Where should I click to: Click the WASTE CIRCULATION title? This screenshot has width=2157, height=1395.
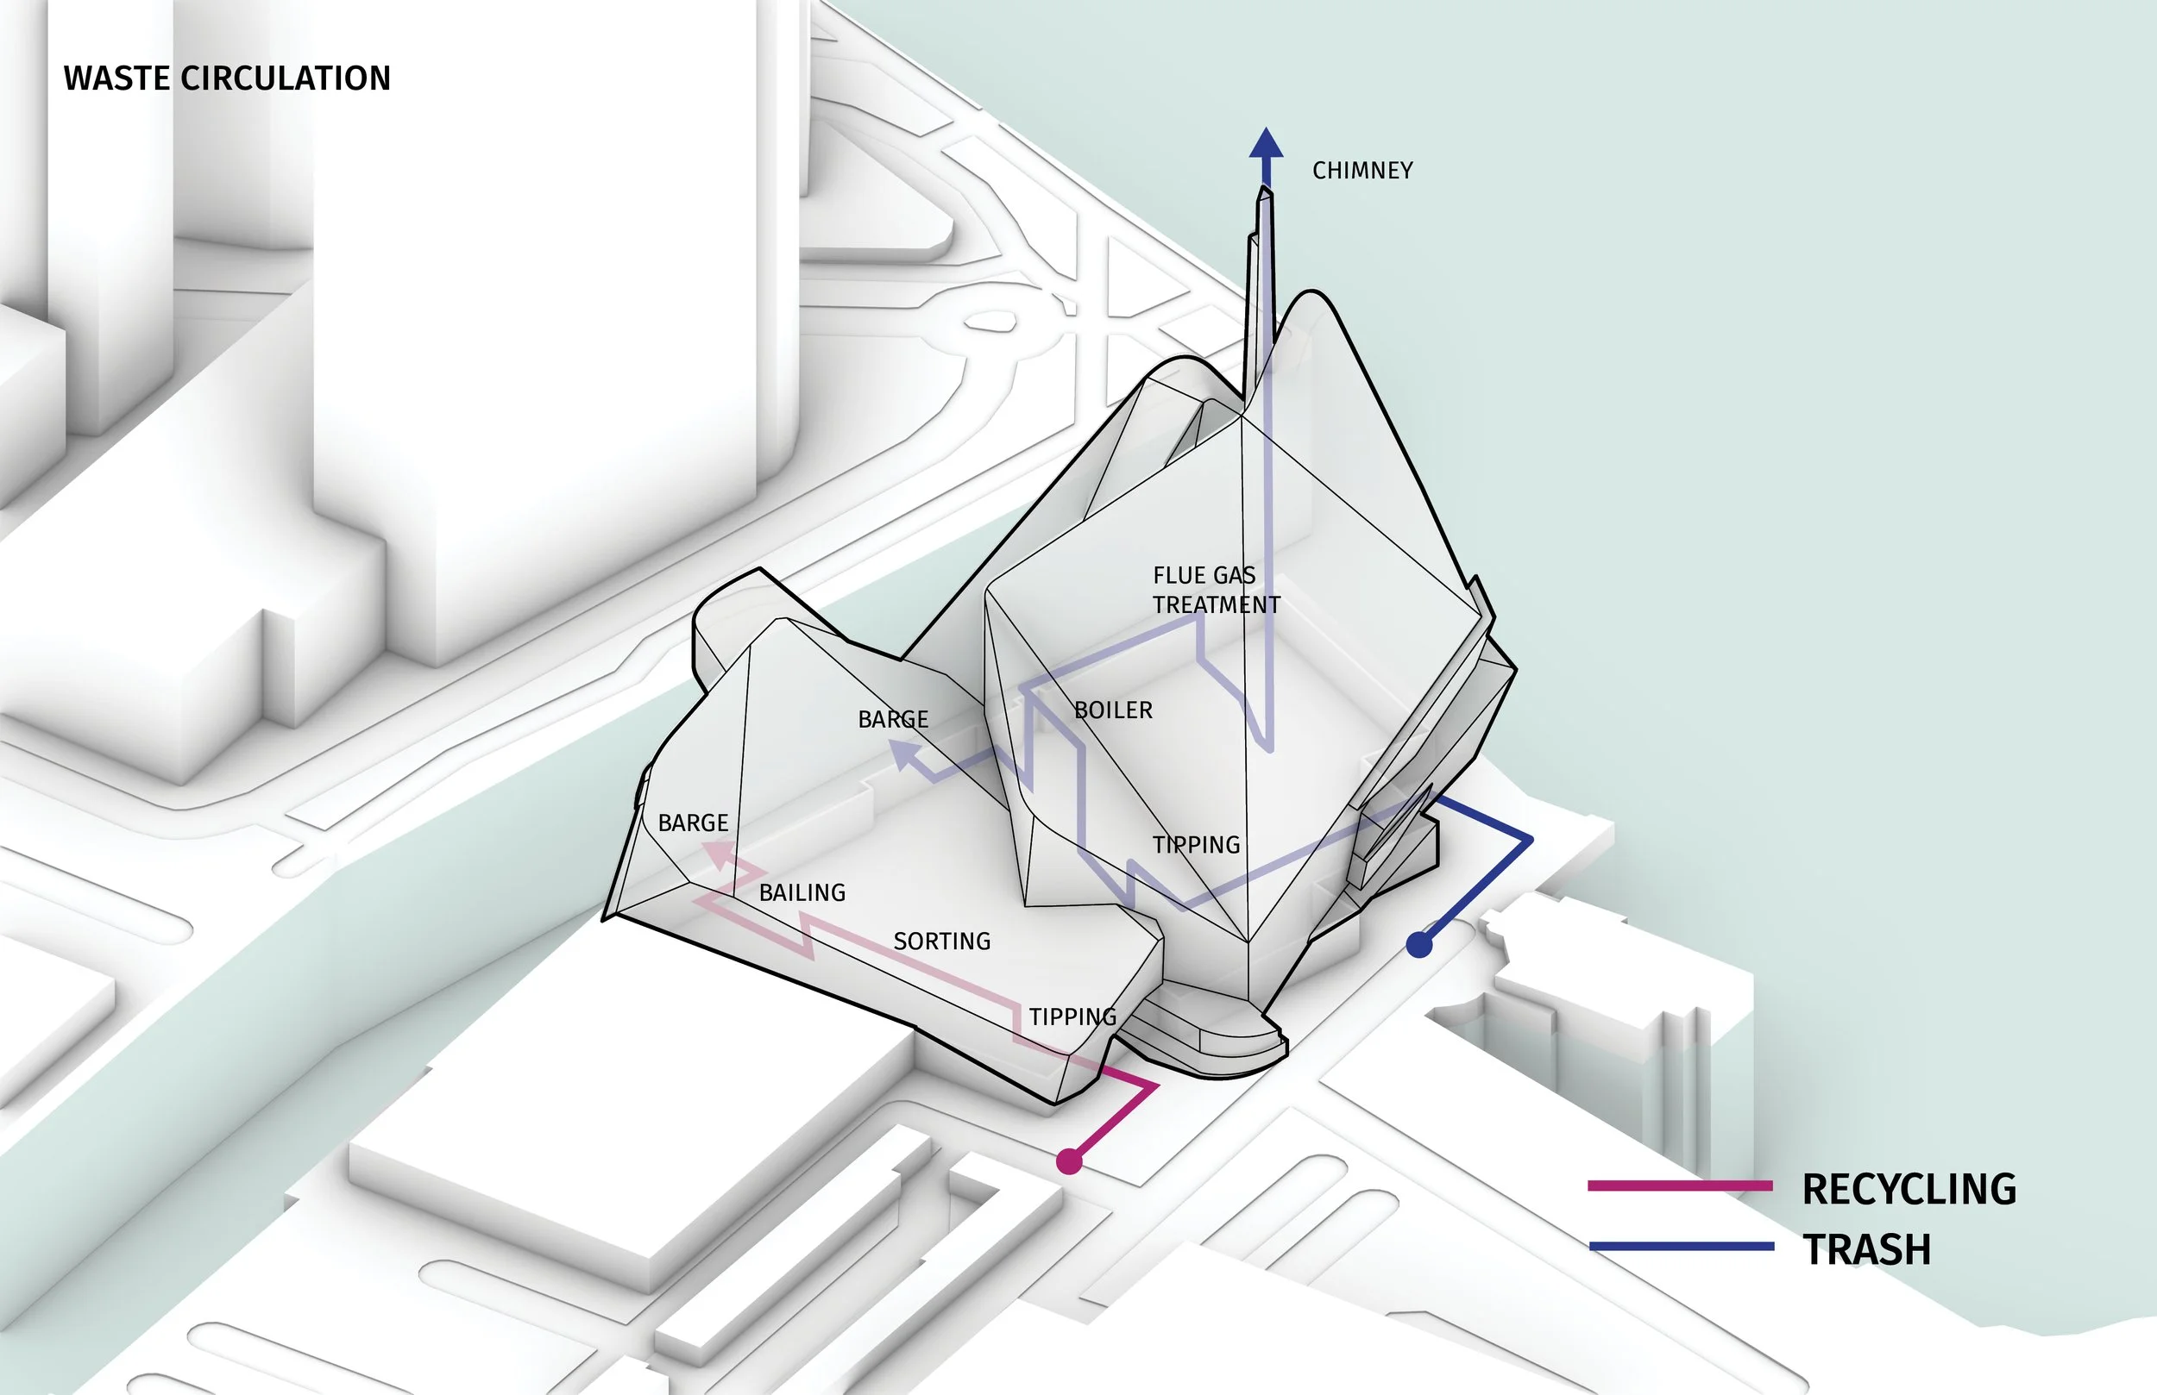227,78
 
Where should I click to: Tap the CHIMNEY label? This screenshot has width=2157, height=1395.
1362,171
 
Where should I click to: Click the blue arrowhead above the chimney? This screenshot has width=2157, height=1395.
1266,146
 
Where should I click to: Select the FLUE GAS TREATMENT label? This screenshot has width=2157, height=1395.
1216,590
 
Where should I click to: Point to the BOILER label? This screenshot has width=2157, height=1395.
1113,710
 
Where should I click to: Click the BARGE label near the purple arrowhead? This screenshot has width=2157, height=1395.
893,719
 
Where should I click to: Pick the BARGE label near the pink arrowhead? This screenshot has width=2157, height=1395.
693,823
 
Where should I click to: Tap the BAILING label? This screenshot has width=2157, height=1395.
802,892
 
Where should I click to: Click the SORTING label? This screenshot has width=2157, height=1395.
941,941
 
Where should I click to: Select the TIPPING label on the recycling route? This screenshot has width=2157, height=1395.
1072,1017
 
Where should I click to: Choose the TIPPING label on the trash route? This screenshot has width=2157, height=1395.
1196,844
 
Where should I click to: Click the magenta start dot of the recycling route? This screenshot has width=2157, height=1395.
1069,1161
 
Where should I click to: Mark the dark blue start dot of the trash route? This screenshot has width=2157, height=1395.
1419,945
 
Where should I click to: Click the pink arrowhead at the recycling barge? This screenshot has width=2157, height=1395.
717,854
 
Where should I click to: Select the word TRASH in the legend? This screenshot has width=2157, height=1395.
1866,1249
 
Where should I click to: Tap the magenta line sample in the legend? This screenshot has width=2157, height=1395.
1679,1185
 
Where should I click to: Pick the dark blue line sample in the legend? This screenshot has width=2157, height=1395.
1679,1247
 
